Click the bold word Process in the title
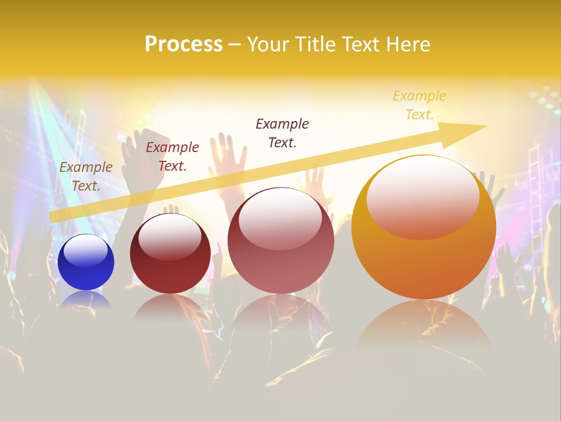(x=183, y=44)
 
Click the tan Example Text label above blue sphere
(x=86, y=176)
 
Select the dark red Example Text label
(x=172, y=157)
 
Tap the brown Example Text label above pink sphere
(x=282, y=133)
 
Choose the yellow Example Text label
(x=420, y=105)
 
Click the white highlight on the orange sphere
(x=423, y=196)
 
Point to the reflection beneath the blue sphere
(x=86, y=299)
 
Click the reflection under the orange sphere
(x=424, y=325)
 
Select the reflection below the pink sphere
(x=280, y=313)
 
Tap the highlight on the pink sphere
(x=280, y=218)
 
